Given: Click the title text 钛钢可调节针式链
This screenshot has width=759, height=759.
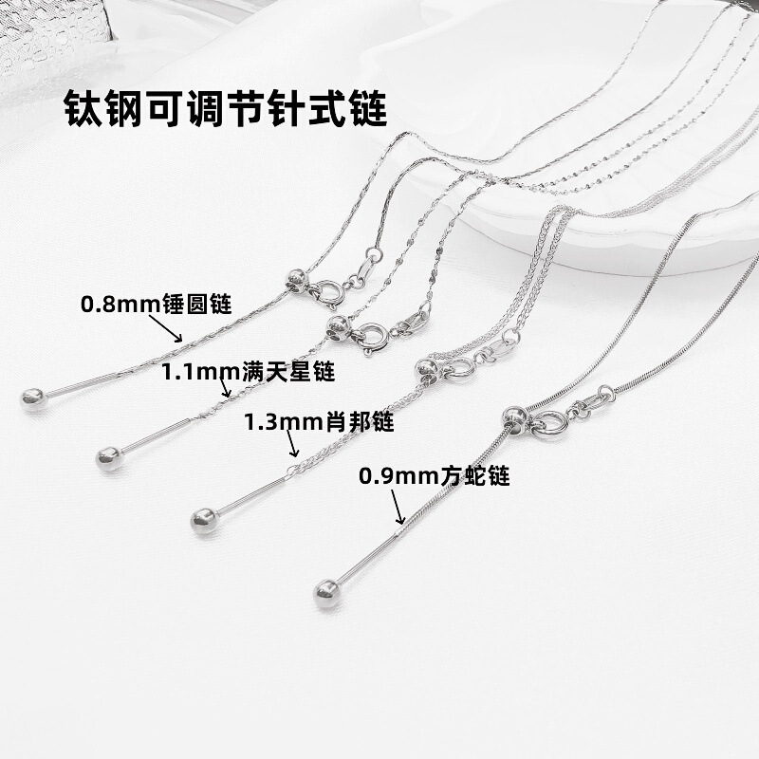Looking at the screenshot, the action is click(226, 109).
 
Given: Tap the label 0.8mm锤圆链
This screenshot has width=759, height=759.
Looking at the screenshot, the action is click(156, 305).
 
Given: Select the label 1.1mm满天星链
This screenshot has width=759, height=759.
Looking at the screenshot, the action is click(248, 371).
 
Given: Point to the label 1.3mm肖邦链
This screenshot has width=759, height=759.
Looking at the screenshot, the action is click(319, 422).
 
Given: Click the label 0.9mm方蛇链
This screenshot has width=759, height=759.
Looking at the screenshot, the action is click(434, 475).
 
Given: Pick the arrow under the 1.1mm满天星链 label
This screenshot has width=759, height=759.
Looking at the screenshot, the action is click(226, 387).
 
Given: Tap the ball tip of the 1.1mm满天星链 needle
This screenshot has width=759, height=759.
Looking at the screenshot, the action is click(107, 459).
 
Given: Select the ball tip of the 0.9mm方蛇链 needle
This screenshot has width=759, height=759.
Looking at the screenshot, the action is click(325, 593).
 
